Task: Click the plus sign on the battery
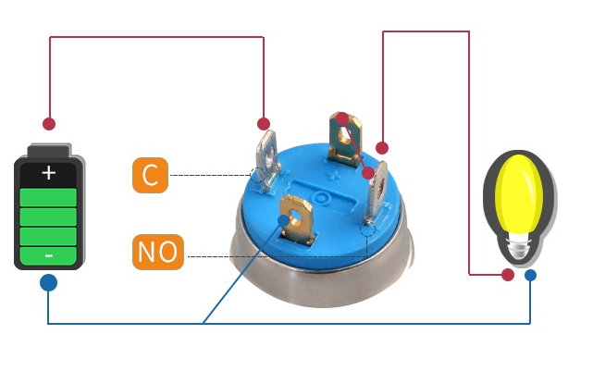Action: tap(48, 173)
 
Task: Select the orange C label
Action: tap(150, 175)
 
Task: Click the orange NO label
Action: tap(157, 251)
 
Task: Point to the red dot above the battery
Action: tap(49, 123)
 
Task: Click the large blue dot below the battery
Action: tap(48, 282)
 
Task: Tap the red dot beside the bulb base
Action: tap(508, 275)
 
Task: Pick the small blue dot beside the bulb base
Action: tap(530, 275)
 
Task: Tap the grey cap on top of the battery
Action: tap(49, 151)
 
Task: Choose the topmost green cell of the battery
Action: tap(48, 196)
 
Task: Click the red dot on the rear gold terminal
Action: tap(342, 118)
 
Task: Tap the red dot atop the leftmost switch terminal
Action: tap(264, 123)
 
